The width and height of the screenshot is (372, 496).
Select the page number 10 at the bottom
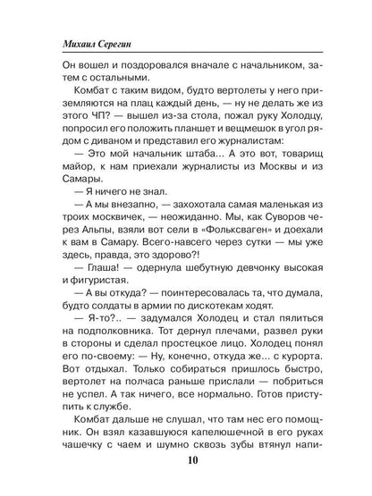click(x=187, y=463)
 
